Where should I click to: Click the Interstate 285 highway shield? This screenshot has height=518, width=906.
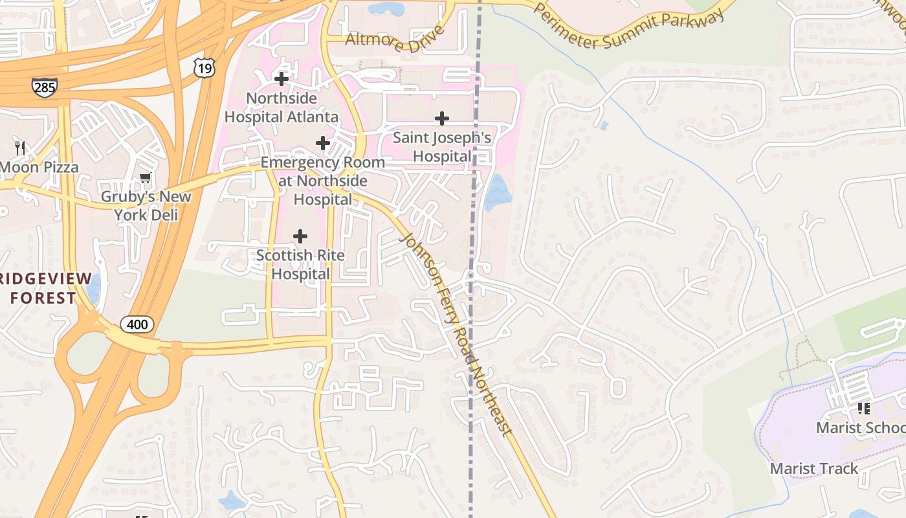(44, 87)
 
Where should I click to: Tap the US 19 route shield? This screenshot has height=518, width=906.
(204, 67)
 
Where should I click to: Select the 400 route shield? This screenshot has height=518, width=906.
(137, 324)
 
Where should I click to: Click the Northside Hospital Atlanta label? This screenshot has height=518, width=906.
(282, 107)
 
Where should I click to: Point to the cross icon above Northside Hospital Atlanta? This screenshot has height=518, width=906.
(282, 80)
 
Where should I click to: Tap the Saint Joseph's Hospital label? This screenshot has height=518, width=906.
(442, 147)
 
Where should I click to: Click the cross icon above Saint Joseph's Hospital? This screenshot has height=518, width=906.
(442, 118)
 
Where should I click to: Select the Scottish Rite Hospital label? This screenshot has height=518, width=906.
(300, 264)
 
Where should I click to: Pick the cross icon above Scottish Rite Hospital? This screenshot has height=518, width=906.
(300, 236)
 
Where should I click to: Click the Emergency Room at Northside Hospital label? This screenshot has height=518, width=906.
(322, 181)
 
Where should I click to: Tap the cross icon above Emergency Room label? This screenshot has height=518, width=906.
(322, 143)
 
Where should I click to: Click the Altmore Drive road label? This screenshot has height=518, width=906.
(395, 39)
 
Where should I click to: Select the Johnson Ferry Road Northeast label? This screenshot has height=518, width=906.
(457, 334)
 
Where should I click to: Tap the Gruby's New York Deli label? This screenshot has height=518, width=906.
(146, 205)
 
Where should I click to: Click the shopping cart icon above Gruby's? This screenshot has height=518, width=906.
(145, 178)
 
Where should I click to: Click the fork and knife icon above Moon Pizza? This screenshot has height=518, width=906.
(20, 148)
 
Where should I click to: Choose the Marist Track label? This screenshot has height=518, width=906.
(814, 468)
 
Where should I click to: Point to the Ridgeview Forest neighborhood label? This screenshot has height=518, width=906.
(43, 288)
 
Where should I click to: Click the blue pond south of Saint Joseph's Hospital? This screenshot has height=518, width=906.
(497, 192)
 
